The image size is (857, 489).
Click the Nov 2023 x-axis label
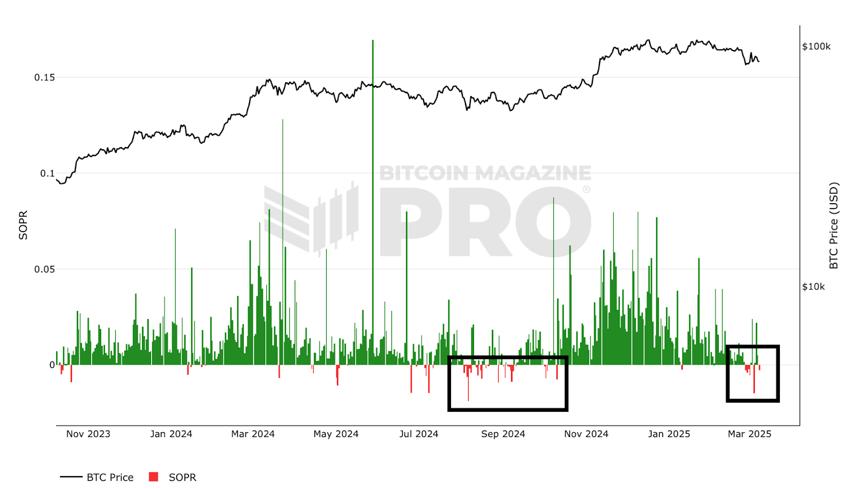[88, 434]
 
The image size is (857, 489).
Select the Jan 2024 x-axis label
[171, 434]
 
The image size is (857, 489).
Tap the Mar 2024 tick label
[253, 434]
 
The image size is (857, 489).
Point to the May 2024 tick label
[336, 434]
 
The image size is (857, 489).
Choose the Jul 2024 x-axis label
[418, 434]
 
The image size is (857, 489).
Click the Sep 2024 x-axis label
[503, 434]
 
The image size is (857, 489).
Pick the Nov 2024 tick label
[586, 434]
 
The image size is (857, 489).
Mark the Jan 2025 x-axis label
[669, 434]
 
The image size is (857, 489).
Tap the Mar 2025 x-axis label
[749, 434]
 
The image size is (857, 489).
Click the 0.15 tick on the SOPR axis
[44, 77]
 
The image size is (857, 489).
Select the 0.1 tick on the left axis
[47, 173]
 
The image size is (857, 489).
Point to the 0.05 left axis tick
[44, 269]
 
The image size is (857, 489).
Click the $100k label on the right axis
[816, 47]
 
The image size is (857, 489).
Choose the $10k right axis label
[813, 287]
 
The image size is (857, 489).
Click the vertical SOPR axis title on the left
[23, 225]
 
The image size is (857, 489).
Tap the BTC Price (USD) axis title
[833, 226]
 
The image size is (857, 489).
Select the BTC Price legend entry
[110, 477]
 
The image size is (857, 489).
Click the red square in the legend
[154, 477]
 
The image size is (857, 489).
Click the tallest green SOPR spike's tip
[373, 41]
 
